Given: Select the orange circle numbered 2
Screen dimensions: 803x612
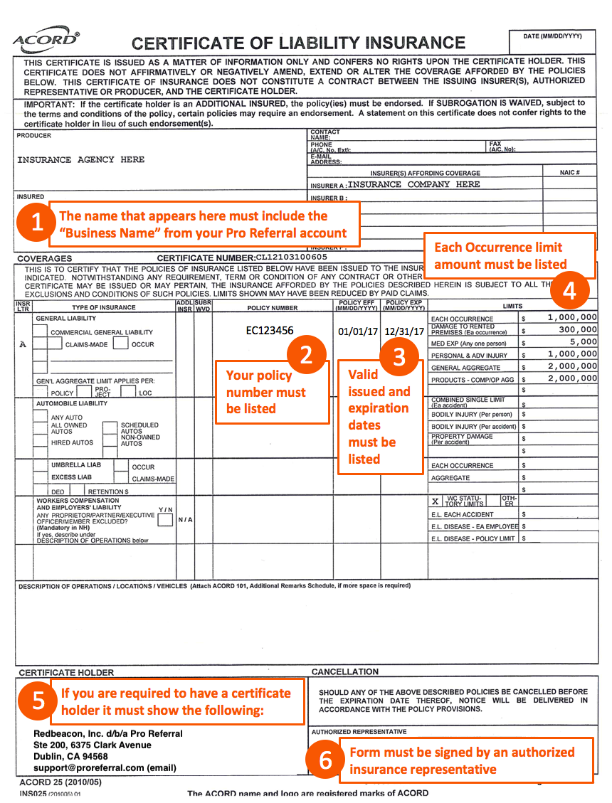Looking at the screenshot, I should (306, 354).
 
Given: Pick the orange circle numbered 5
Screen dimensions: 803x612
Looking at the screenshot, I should (38, 701).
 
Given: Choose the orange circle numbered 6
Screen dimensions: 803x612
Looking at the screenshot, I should (325, 760).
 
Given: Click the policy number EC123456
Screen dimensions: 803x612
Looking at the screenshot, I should (270, 331).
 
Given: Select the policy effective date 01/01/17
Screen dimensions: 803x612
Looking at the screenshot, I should (356, 331).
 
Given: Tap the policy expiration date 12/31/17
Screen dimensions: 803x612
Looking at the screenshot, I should (403, 331).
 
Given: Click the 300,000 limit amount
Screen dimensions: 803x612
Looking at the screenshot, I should (577, 329).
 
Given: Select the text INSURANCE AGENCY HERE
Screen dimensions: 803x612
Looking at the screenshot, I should (80, 160).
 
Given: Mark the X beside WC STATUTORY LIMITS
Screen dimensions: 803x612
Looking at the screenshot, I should (435, 501).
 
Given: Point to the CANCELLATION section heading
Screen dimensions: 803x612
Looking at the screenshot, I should (345, 671).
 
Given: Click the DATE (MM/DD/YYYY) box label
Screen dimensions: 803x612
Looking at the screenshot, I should (552, 36).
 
